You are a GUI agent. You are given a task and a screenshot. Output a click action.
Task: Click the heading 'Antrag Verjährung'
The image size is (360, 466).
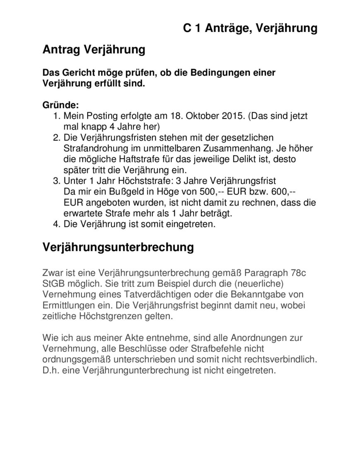pyautogui.click(x=94, y=50)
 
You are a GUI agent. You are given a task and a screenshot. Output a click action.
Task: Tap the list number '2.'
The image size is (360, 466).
pyautogui.click(x=57, y=137)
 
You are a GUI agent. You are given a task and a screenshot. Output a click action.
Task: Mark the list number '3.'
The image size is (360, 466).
pyautogui.click(x=57, y=181)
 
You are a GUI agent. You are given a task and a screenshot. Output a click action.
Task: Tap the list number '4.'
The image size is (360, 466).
pyautogui.click(x=57, y=225)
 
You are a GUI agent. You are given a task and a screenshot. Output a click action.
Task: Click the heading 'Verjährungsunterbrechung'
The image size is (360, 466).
pyautogui.click(x=118, y=247)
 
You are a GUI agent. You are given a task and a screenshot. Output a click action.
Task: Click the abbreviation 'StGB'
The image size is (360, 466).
pyautogui.click(x=54, y=284)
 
